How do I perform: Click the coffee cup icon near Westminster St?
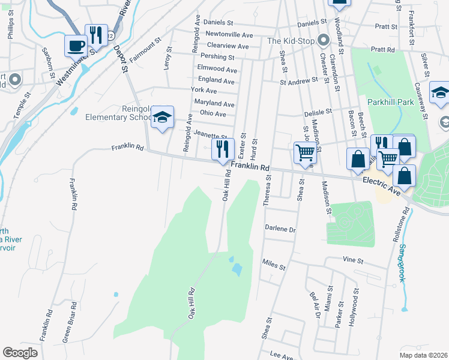click(77, 46)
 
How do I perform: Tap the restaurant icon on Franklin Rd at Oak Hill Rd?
click(223, 148)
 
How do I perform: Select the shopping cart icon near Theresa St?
click(305, 153)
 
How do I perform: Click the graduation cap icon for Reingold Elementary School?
click(162, 118)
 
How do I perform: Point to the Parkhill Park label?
click(391, 102)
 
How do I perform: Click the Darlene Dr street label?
click(281, 229)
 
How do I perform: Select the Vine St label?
click(354, 261)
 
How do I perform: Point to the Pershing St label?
click(217, 57)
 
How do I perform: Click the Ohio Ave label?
click(212, 114)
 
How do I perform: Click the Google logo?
click(20, 353)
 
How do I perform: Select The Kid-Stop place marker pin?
click(324, 41)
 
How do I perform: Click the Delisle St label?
click(318, 112)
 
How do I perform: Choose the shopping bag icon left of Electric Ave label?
click(358, 160)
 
